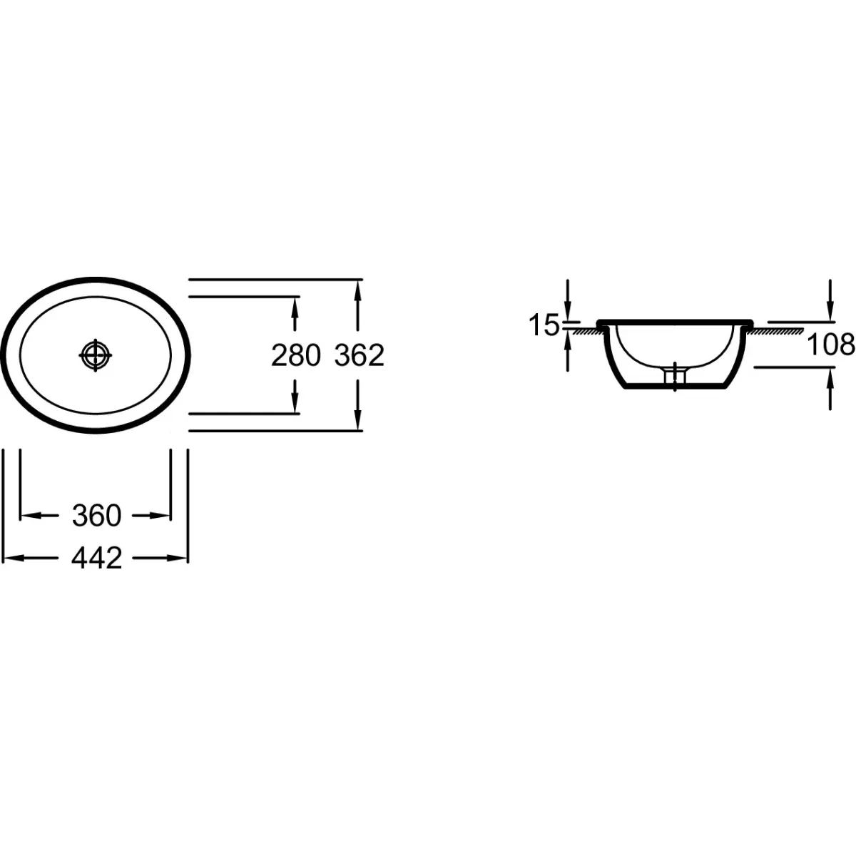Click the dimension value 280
pos(296,356)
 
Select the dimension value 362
pos(359,356)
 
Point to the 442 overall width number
pos(96,559)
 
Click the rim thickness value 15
pos(544,325)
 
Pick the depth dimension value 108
pos(830,345)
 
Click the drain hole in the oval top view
pos(96,355)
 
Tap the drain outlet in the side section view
pos(675,377)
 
